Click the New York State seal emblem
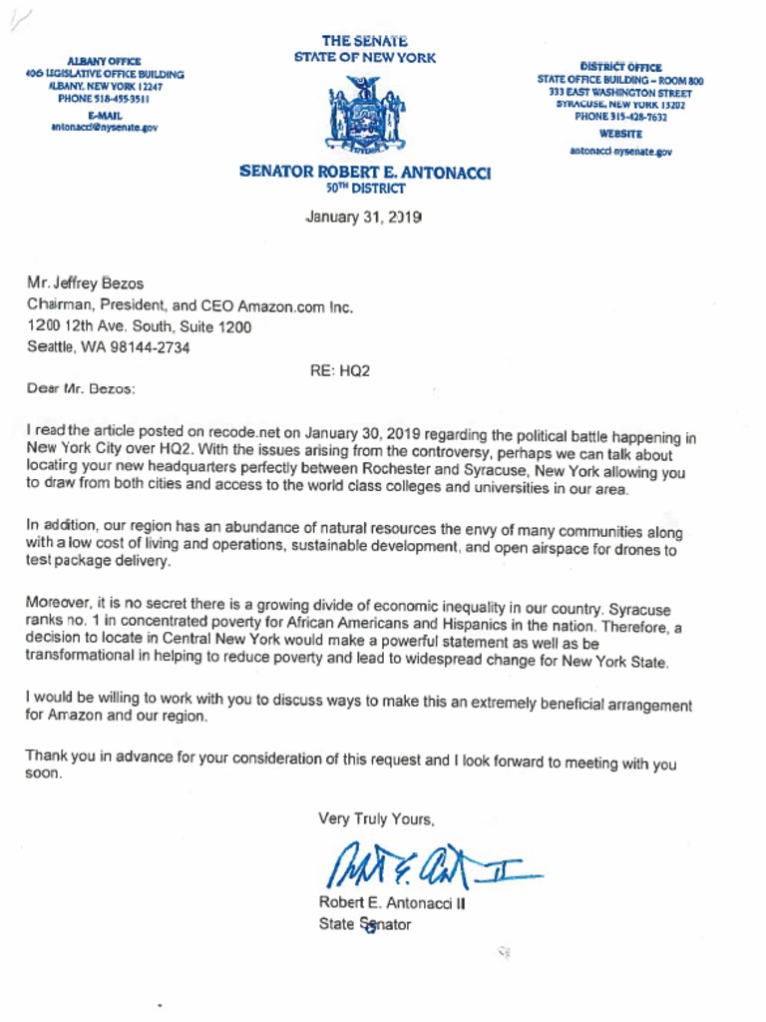[365, 115]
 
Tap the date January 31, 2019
[364, 217]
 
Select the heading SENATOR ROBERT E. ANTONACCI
[365, 172]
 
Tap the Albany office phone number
[104, 100]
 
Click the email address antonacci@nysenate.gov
[104, 128]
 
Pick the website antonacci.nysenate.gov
[620, 152]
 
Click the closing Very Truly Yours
[376, 819]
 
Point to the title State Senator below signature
[364, 924]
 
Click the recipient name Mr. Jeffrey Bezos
[85, 283]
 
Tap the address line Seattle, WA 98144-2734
[108, 348]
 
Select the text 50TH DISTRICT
[365, 188]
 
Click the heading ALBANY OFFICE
[104, 62]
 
